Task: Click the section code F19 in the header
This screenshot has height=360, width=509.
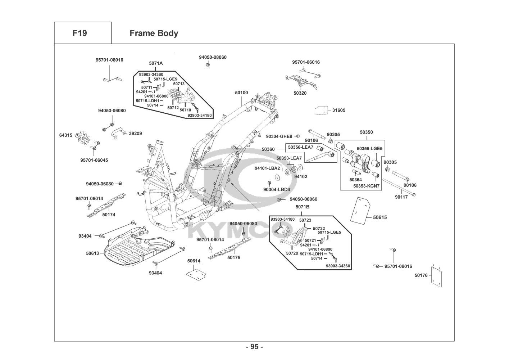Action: [x=79, y=33]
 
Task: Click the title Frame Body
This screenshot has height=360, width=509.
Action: [x=154, y=33]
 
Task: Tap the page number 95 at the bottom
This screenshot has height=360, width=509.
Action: [x=254, y=347]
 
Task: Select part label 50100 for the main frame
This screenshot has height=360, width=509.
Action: [x=241, y=93]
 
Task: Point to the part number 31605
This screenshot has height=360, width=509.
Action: [x=338, y=110]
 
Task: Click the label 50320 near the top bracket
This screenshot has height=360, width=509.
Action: [x=300, y=93]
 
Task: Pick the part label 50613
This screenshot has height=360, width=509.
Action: [x=92, y=253]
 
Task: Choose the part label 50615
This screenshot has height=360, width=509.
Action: [x=380, y=217]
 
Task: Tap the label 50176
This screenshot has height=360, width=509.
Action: [x=421, y=275]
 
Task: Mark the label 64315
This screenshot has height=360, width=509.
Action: [x=65, y=135]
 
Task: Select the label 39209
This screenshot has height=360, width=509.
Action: [x=135, y=133]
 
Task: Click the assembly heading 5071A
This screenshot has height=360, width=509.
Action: [x=156, y=63]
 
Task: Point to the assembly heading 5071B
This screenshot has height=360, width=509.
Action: [x=302, y=207]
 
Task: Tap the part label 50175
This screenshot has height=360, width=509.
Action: [x=234, y=257]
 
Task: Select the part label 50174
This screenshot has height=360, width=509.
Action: [x=109, y=215]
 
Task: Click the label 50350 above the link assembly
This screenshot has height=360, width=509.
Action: [x=366, y=132]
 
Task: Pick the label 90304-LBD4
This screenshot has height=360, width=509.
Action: [x=277, y=189]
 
